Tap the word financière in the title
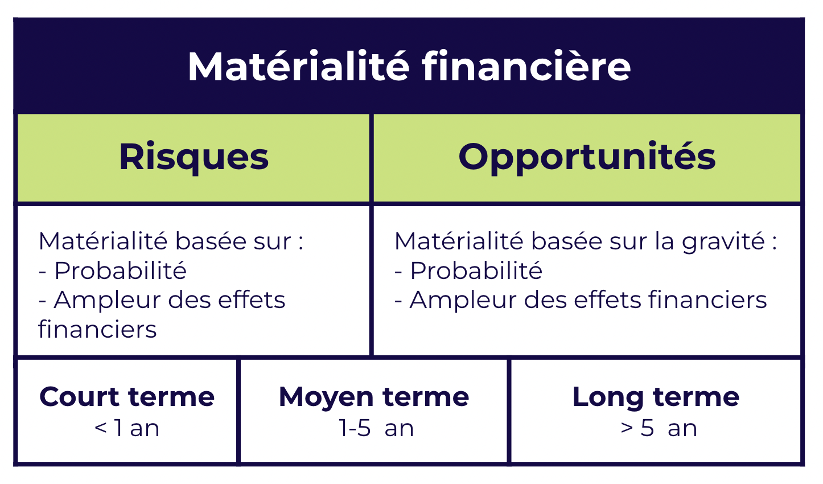point(526,67)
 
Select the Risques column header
point(194,157)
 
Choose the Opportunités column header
point(587,157)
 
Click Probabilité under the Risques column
point(120,270)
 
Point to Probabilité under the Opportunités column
point(476,270)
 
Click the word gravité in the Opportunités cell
point(723,241)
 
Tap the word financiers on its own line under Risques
point(97,330)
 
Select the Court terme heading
point(127,397)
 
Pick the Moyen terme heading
point(374,397)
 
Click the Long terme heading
point(656,397)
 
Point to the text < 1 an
point(127,428)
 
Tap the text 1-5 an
point(376,428)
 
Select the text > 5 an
point(659,428)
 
